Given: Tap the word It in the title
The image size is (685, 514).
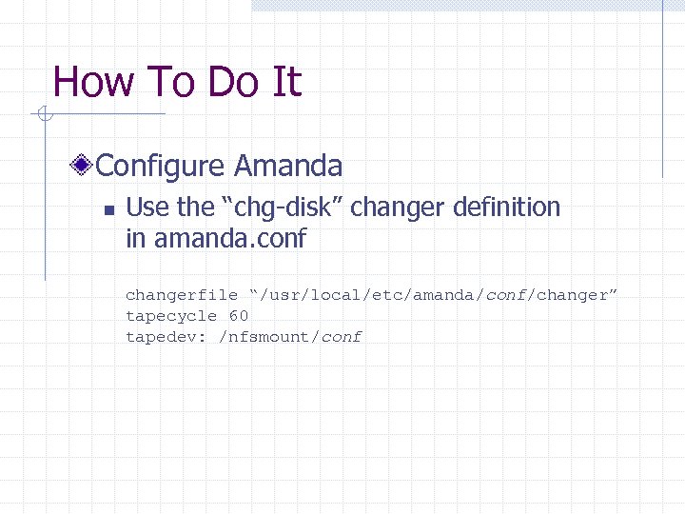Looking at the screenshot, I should click(285, 82).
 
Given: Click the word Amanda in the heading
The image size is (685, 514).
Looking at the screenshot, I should click(288, 167).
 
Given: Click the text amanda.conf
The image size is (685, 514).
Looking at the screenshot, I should click(229, 239).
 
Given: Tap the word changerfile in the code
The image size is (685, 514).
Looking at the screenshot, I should click(182, 295).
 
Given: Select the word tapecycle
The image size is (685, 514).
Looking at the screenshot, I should click(171, 316).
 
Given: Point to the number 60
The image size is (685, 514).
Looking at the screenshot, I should click(239, 316).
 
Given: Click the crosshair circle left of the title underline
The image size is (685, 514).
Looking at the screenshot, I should click(42, 115).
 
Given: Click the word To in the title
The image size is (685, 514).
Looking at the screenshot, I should click(170, 82).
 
